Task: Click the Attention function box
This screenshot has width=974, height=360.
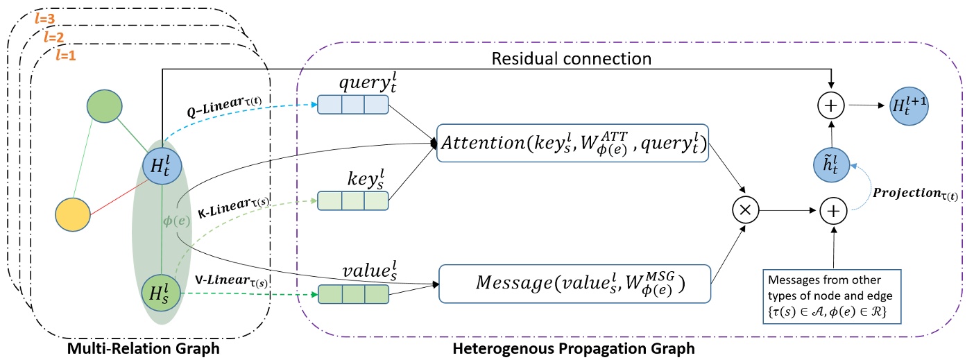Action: [572, 144]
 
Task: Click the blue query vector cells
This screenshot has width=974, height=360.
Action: [352, 104]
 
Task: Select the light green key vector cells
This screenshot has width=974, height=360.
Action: [352, 200]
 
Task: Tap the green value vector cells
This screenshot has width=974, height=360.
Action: [352, 293]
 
